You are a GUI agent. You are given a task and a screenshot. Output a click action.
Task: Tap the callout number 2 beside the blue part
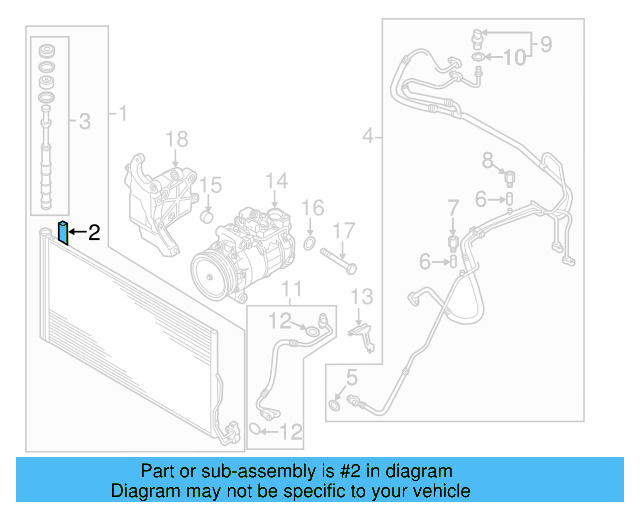(95, 233)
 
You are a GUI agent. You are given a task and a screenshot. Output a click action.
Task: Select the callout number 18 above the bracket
(176, 138)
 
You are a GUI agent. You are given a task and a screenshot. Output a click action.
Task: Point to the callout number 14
(276, 181)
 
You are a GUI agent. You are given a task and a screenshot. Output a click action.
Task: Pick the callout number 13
(361, 296)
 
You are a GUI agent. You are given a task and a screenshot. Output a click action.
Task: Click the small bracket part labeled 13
(364, 334)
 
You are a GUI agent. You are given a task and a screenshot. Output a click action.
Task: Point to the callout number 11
(291, 291)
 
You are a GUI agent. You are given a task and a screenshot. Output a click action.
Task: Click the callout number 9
(546, 43)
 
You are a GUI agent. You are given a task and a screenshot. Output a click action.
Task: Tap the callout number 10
(512, 58)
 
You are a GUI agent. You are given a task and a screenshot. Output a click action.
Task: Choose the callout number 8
(488, 159)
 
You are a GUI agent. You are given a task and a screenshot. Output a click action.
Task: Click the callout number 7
(452, 208)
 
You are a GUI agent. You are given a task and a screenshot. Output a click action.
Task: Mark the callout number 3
(84, 122)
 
